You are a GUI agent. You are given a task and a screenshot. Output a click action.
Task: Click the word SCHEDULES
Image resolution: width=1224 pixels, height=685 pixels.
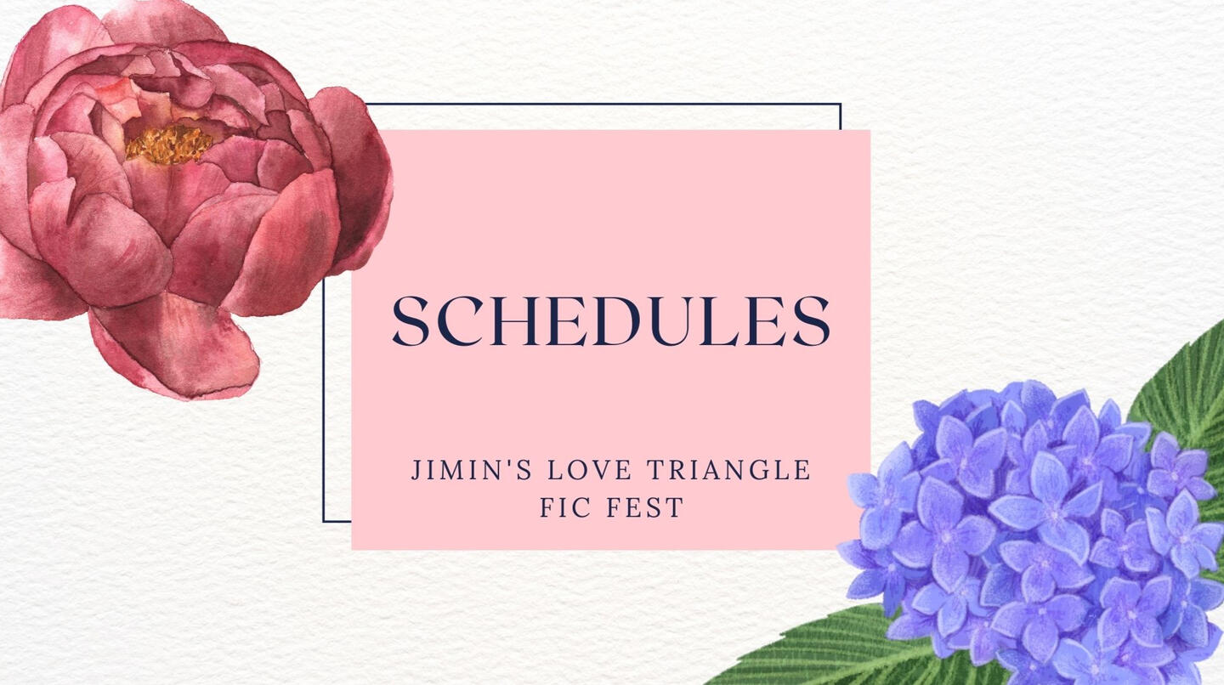(611, 321)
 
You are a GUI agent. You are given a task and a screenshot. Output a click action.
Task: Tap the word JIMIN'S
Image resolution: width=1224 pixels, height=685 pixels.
(472, 470)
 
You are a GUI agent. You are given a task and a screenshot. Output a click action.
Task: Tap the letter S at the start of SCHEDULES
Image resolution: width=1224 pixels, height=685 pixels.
(410, 321)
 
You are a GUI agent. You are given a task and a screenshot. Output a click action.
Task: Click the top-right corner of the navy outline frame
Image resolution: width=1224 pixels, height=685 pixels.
(841, 104)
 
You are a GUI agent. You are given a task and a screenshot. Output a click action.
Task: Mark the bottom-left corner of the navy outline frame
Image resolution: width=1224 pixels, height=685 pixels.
(324, 521)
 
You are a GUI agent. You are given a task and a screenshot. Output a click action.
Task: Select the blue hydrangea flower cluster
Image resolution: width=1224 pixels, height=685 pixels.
(1033, 535)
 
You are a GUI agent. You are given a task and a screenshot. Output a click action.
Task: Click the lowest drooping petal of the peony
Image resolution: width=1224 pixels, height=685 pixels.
(175, 349)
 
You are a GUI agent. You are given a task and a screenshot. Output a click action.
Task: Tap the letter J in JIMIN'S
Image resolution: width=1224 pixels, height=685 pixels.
(416, 470)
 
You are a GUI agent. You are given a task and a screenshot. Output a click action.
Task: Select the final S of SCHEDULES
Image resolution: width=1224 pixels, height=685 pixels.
(813, 321)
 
